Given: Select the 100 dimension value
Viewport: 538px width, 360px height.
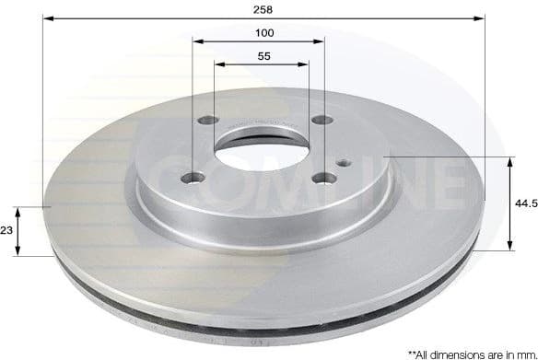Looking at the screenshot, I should click(x=265, y=32).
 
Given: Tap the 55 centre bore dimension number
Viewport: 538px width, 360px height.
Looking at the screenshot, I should click(x=265, y=56).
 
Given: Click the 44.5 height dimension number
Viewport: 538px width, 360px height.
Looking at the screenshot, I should click(x=525, y=203).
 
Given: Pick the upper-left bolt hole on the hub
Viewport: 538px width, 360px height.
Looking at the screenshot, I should click(x=207, y=121).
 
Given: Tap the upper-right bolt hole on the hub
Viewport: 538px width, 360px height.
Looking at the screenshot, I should click(x=320, y=119).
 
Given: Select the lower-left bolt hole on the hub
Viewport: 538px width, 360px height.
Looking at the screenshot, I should click(x=192, y=179).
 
